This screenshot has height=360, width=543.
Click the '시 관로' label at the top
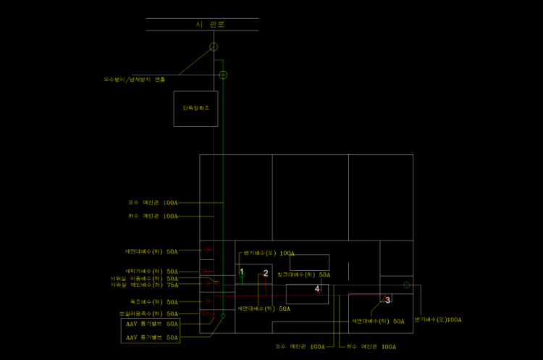pyautogui.click(x=210, y=24)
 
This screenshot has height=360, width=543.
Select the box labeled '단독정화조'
pyautogui.click(x=195, y=108)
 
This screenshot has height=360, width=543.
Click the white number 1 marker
pyautogui.click(x=242, y=272)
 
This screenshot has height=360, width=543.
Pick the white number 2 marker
pyautogui.click(x=266, y=273)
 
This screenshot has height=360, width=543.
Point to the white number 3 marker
pyautogui.click(x=387, y=300)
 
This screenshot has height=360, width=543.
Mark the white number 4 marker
pyautogui.click(x=317, y=289)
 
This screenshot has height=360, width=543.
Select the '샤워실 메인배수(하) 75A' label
pyautogui.click(x=144, y=285)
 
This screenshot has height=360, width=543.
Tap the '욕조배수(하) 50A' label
pyautogui.click(x=153, y=301)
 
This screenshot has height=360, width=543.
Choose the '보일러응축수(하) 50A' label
pyautogui.click(x=148, y=314)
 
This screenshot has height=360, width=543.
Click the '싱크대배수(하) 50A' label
pyautogui.click(x=303, y=275)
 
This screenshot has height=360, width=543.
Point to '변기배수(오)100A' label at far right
pyautogui.click(x=438, y=319)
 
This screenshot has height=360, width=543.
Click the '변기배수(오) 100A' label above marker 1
pyautogui.click(x=269, y=254)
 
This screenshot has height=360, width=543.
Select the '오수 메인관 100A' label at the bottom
pyautogui.click(x=300, y=347)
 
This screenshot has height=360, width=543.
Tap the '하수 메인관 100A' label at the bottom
pyautogui.click(x=371, y=347)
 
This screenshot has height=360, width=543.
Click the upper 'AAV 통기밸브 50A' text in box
pyautogui.click(x=152, y=325)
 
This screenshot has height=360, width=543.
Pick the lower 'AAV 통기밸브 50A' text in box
pyautogui.click(x=152, y=337)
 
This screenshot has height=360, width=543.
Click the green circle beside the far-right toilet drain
pyautogui.click(x=407, y=285)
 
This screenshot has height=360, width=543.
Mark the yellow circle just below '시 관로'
pyautogui.click(x=214, y=47)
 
